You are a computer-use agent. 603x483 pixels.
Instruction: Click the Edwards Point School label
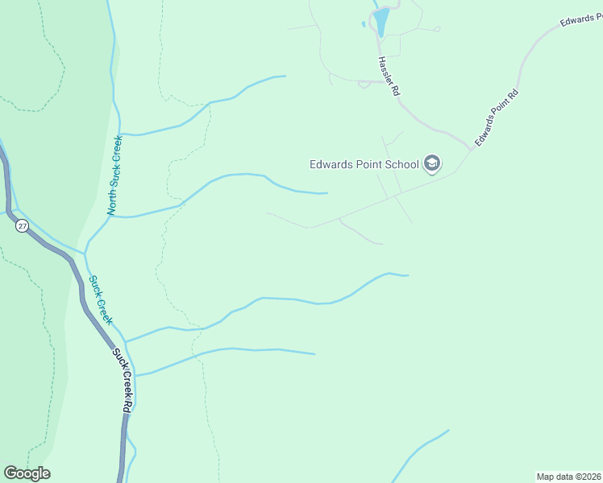(x=364, y=165)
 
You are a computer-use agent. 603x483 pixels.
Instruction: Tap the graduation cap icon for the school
(x=431, y=164)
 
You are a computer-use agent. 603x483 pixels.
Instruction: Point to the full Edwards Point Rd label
(x=496, y=118)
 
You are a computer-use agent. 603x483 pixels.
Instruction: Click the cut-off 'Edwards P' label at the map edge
(x=580, y=21)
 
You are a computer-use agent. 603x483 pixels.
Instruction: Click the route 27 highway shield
(x=22, y=226)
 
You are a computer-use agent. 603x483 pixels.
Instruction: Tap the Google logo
(x=27, y=473)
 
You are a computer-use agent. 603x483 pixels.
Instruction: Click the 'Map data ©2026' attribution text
(x=568, y=476)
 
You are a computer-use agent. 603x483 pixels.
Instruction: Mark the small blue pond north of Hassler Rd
(x=381, y=21)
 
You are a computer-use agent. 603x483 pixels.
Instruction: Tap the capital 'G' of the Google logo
(x=10, y=473)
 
